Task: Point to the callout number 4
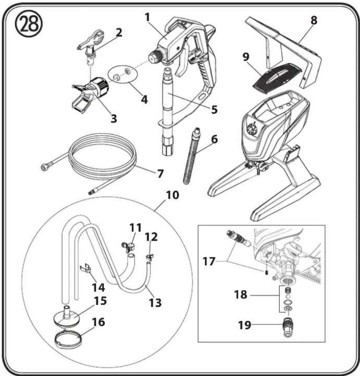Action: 144,99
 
